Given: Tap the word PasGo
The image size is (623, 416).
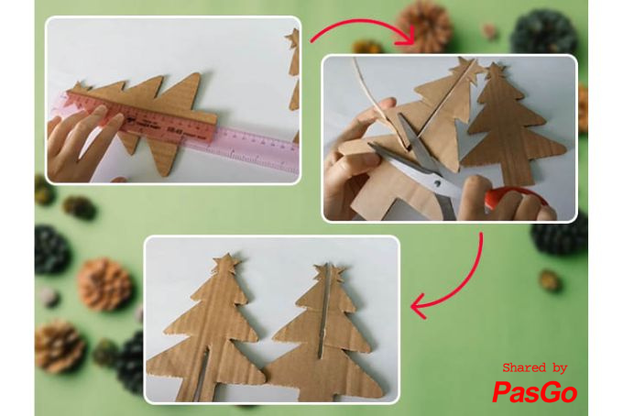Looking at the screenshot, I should coord(534,392).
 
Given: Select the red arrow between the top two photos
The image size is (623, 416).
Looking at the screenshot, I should coord(361,31).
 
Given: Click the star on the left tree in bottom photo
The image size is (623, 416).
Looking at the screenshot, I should coord(225,264).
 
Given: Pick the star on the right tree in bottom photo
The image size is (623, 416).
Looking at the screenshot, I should coord(333,271).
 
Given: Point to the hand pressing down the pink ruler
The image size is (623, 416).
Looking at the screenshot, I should coord(87,137).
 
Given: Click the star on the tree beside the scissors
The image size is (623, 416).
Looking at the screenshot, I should coord(497,70).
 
